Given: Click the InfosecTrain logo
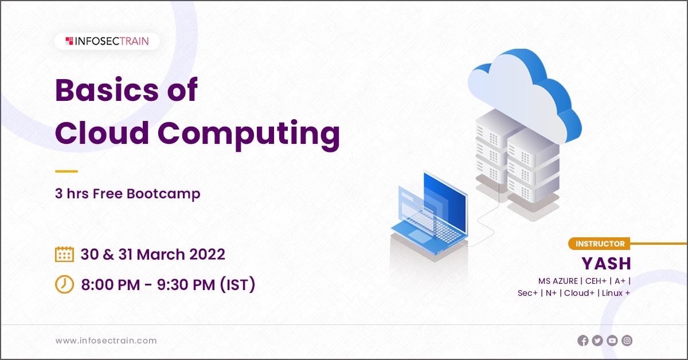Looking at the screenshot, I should (107, 41).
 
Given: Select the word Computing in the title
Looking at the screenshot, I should (249, 132).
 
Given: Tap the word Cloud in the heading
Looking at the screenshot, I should (101, 132).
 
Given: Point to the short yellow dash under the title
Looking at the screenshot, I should (66, 171).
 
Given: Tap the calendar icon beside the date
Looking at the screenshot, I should (64, 255).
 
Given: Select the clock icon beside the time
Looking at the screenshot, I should (64, 284).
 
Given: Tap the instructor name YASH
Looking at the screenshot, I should (606, 263).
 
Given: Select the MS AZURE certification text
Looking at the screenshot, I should (558, 281).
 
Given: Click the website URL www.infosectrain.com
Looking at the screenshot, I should (106, 341).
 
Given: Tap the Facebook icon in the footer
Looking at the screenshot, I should (583, 341).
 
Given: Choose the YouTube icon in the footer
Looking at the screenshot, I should (612, 341).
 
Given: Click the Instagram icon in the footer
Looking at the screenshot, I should (627, 341).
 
